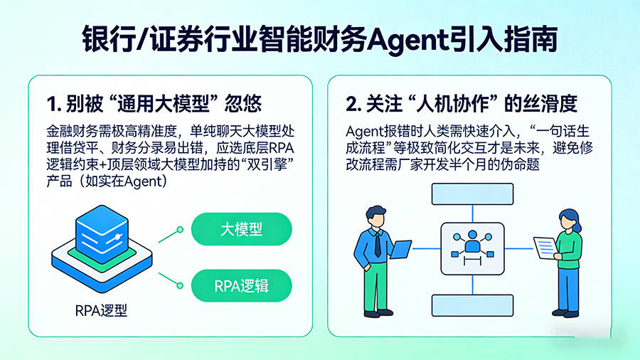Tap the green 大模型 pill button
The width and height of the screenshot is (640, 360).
pyautogui.click(x=242, y=229)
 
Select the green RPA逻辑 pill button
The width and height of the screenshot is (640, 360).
pyautogui.click(x=242, y=287)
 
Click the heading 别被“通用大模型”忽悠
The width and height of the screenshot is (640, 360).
pyautogui.click(x=154, y=104)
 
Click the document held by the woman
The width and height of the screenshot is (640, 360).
pyautogui.click(x=545, y=247)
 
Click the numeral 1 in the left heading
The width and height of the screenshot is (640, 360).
pyautogui.click(x=51, y=104)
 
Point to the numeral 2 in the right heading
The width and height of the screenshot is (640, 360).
pyautogui.click(x=353, y=104)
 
